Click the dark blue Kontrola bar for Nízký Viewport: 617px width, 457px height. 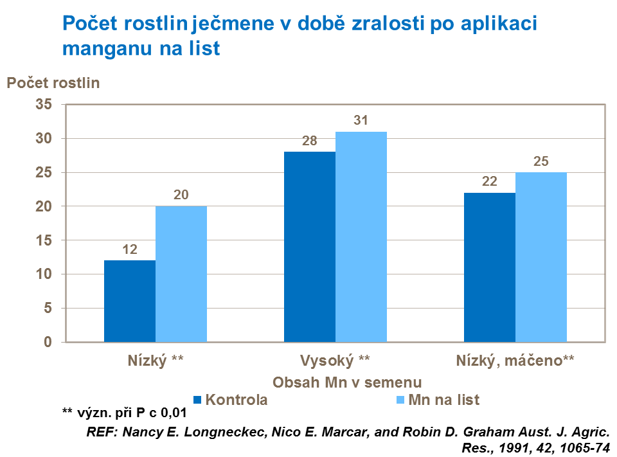[x=130, y=301]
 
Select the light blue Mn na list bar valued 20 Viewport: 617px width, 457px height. [x=181, y=274]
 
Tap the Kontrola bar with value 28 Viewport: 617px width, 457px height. [x=310, y=247]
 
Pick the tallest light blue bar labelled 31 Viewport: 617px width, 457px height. [x=361, y=237]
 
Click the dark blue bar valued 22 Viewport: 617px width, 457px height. [x=490, y=267]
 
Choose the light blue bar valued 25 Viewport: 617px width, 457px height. [x=541, y=257]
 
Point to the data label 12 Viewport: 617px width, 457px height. [x=130, y=249]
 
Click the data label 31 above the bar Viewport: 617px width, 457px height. [x=361, y=121]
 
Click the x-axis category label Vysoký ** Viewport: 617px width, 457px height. [x=335, y=360]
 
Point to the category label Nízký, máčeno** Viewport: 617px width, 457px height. [x=515, y=360]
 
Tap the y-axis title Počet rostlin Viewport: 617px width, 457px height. [x=53, y=82]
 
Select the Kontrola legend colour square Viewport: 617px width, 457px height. [x=198, y=400]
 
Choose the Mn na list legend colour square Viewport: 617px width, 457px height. [x=400, y=400]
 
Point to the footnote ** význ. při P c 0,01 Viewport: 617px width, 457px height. [x=123, y=413]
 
